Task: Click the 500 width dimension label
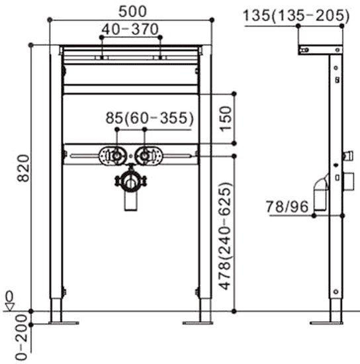(x=132, y=12)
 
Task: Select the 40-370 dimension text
(x=130, y=30)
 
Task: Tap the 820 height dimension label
(x=24, y=168)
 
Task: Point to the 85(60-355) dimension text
(x=150, y=118)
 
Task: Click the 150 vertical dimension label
(x=226, y=118)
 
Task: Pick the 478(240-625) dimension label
(x=226, y=236)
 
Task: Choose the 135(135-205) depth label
(x=296, y=17)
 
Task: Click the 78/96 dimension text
(x=287, y=206)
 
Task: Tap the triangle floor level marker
(x=10, y=306)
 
